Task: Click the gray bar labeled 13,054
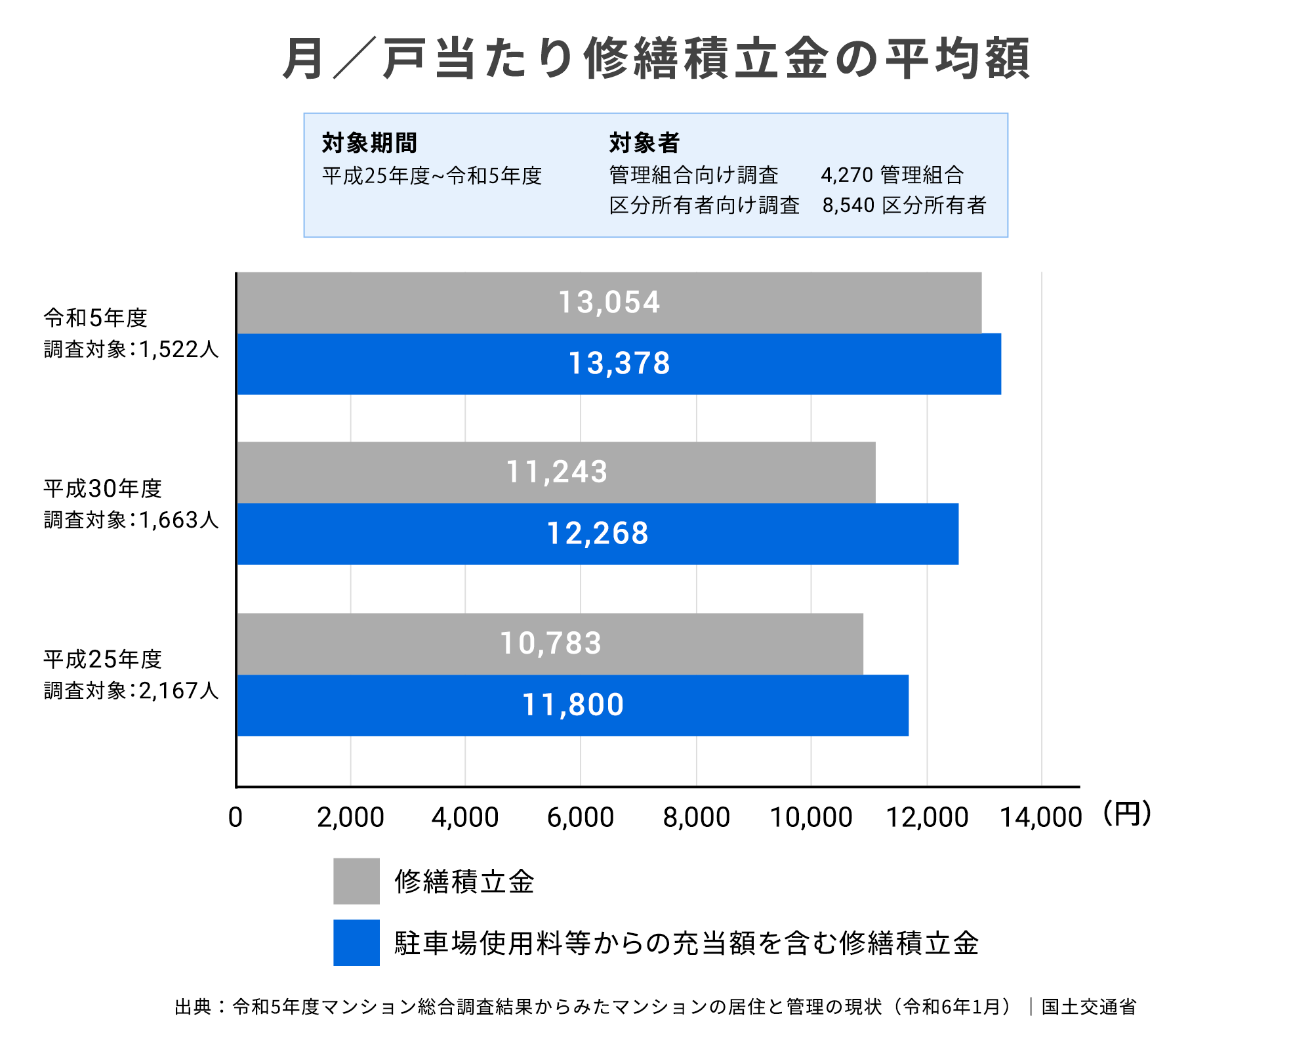(x=609, y=303)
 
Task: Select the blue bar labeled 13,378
(x=619, y=364)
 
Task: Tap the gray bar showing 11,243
(x=556, y=472)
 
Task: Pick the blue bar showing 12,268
(x=597, y=534)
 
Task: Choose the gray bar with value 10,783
(x=550, y=644)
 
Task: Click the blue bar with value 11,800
(x=572, y=705)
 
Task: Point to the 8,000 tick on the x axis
(x=696, y=818)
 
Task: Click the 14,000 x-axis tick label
(x=1040, y=818)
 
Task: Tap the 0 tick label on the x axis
(x=236, y=818)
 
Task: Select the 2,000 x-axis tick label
(x=350, y=818)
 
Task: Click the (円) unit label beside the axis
(x=1127, y=814)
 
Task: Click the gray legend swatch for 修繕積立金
(x=356, y=881)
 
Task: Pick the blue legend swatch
(x=356, y=942)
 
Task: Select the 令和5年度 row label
(x=96, y=318)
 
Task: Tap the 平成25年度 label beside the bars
(x=102, y=660)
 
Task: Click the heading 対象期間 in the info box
(x=369, y=142)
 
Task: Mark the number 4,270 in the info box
(x=847, y=175)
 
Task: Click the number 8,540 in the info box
(x=848, y=205)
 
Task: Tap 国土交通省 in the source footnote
(x=1089, y=1007)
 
